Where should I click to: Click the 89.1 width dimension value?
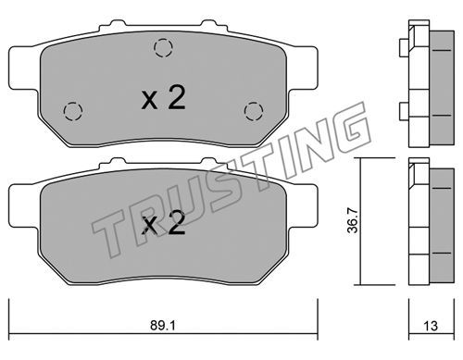163,326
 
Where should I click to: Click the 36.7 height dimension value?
352,220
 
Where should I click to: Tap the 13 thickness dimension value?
431,326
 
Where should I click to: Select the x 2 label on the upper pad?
163,98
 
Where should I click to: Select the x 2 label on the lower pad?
163,223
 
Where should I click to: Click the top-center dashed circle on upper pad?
163,48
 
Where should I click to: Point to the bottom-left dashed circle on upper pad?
73,111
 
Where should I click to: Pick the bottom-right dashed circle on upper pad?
254,111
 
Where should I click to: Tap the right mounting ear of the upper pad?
303,68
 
